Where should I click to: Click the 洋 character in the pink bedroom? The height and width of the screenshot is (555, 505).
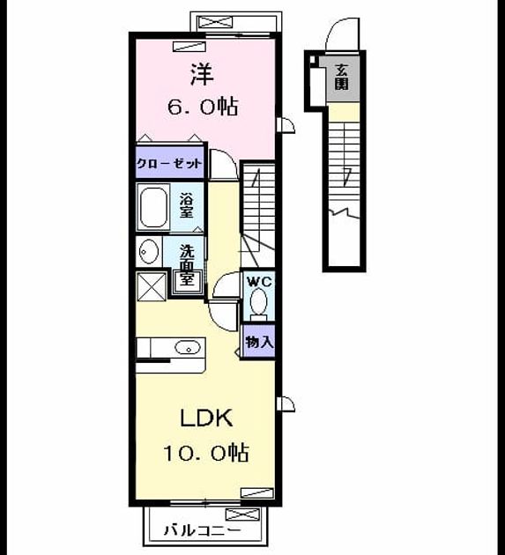202,74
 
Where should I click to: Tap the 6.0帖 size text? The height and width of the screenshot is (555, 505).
203,107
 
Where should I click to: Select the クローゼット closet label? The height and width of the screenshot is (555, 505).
169,164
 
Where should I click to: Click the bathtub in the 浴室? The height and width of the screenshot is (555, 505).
153,208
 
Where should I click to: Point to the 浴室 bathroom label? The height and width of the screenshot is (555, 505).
186,205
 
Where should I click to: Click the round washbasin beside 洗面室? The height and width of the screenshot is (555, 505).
148,251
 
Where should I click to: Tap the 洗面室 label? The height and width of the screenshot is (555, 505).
186,264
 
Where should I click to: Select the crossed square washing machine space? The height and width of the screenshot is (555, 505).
152,286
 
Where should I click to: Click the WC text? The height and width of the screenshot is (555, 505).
260,282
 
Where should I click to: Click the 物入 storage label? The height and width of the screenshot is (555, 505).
259,342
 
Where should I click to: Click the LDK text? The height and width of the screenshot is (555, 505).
206,418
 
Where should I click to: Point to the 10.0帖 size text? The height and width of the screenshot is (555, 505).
206,452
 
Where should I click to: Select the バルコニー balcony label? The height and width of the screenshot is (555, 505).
202,529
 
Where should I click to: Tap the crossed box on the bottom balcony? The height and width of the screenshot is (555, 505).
242,514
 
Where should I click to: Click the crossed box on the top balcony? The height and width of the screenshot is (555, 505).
216,22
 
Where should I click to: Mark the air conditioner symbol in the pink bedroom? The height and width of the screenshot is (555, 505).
189,47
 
